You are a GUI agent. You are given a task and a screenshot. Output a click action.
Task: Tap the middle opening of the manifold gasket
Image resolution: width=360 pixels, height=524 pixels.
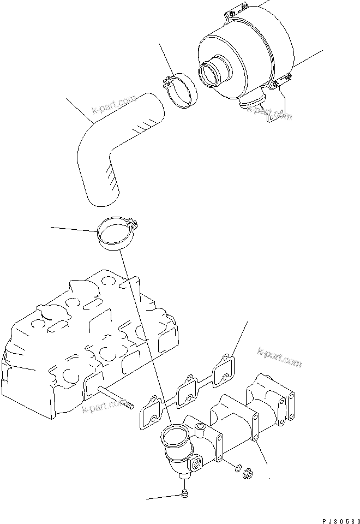point(187,390)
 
